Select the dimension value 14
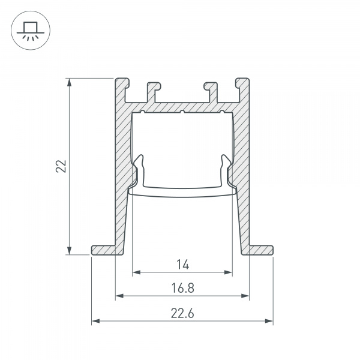coord(182,264)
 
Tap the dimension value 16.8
coord(182,287)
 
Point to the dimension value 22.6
coord(182,313)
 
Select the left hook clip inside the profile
coord(139,171)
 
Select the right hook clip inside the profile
coord(226,171)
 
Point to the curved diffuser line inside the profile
coord(182,195)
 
